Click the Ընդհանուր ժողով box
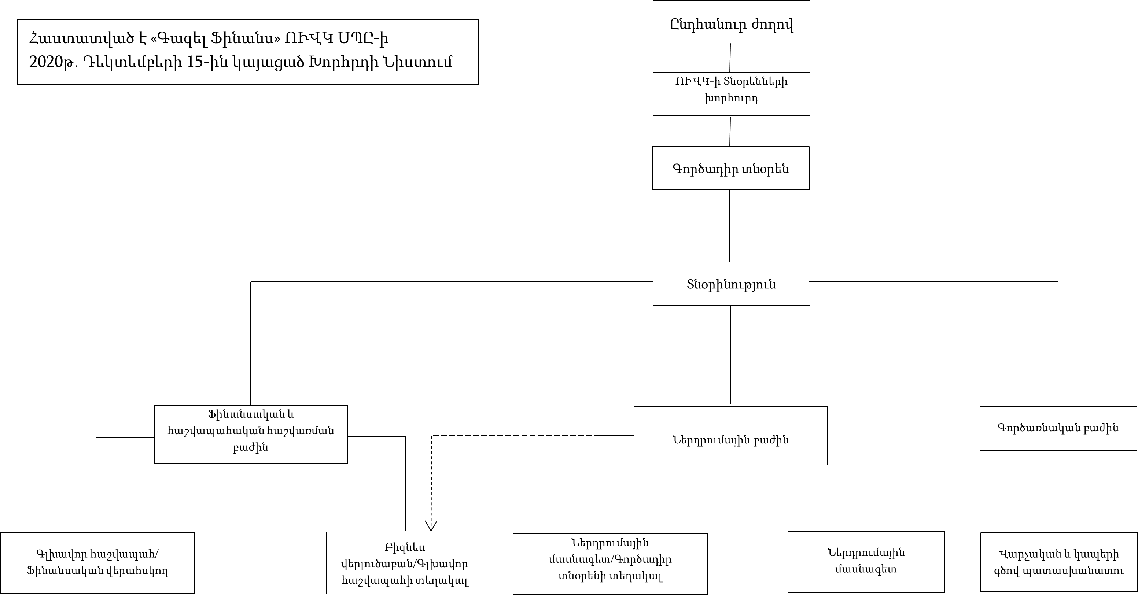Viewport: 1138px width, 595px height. [731, 22]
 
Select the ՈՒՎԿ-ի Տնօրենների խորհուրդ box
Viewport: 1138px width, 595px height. [731, 94]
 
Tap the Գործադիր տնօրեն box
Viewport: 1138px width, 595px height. [731, 168]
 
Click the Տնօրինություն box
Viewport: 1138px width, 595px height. [731, 284]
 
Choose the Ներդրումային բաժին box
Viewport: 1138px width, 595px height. [730, 436]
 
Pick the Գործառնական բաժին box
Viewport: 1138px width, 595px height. [1058, 428]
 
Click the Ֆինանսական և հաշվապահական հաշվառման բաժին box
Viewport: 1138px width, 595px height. [251, 434]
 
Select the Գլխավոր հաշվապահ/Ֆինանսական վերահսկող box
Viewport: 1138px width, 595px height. [97, 563]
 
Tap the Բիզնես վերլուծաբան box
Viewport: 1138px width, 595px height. [405, 563]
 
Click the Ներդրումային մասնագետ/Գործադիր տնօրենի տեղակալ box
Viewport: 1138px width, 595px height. [610, 564]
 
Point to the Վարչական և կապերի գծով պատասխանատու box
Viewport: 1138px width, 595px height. [1058, 562]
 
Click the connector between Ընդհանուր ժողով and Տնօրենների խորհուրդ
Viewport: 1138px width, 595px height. [730, 58]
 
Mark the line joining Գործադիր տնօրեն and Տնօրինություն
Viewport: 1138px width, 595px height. [730, 226]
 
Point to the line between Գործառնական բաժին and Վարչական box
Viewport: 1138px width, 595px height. [1058, 491]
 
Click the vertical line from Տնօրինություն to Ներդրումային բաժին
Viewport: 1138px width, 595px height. [730, 354]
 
